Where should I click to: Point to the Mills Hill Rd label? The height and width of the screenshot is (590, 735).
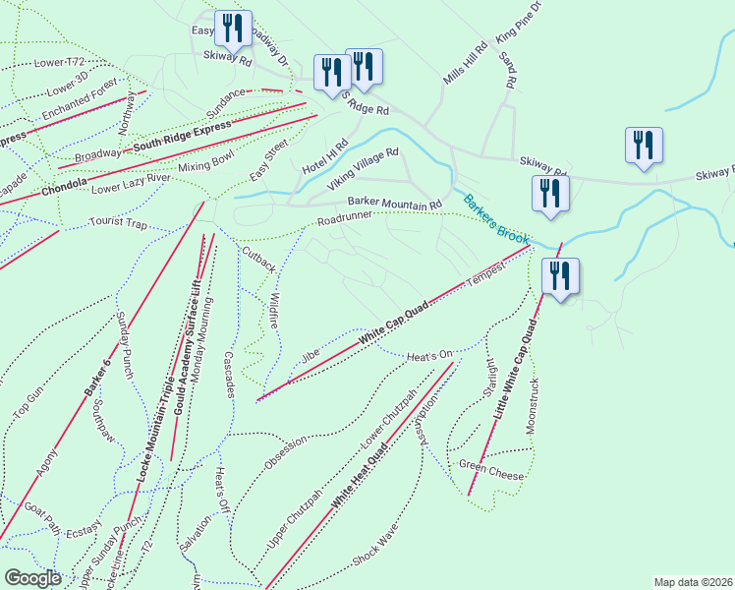465,62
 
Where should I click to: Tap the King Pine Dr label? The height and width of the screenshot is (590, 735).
519,22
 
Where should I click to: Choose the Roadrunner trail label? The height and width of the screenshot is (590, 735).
346,218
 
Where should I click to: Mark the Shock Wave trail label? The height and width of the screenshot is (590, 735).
374,543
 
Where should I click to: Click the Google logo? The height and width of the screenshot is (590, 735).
32,578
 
